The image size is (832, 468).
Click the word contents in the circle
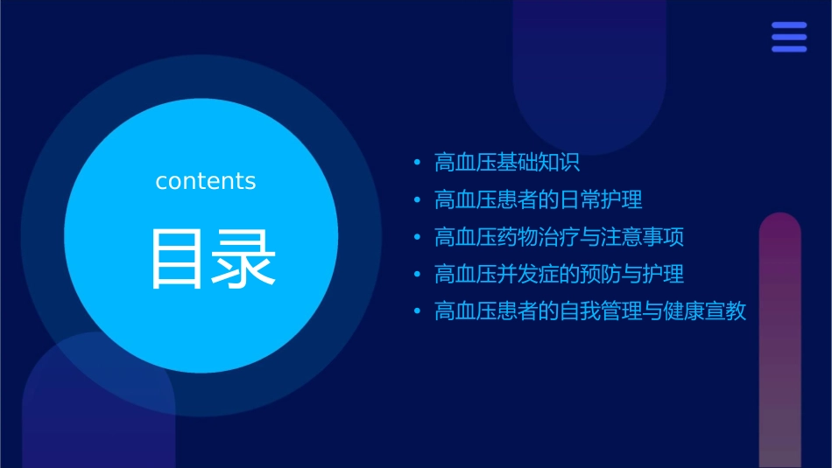(206, 181)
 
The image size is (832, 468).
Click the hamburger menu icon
(789, 38)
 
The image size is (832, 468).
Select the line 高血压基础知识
(507, 163)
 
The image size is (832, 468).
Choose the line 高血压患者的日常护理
(538, 200)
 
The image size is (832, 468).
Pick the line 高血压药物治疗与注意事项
(559, 237)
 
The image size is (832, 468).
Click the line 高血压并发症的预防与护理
(559, 275)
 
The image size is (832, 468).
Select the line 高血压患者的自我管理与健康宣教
(590, 311)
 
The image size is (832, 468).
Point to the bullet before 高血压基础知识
(417, 164)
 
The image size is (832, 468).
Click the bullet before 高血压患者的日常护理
(417, 200)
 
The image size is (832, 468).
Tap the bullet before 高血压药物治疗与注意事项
(417, 238)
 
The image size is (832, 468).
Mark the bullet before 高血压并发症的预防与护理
(417, 275)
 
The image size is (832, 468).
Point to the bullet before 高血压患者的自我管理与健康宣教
(417, 312)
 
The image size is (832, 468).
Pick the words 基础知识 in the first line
(539, 163)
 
